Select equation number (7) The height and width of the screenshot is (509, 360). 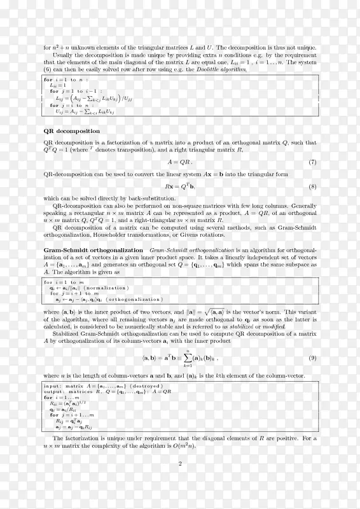tap(312, 162)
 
